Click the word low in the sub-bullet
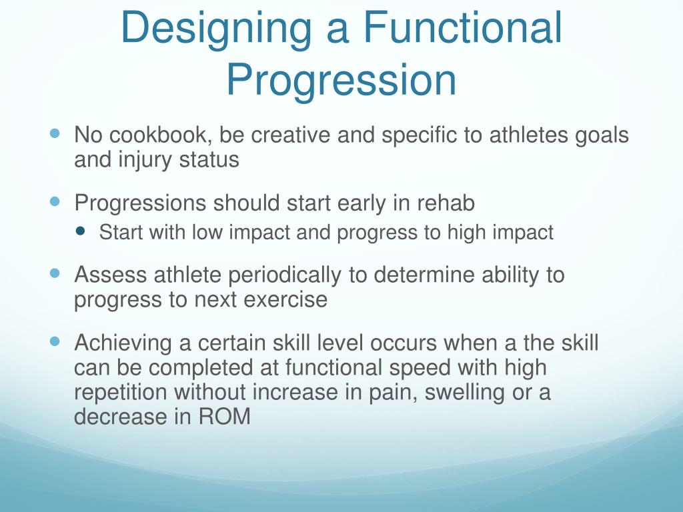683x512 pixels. [x=207, y=233]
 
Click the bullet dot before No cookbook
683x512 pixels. [x=55, y=133]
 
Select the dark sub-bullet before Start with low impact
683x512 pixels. [x=82, y=231]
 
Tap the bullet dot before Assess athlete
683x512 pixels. [x=55, y=273]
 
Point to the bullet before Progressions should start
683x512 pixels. [x=55, y=201]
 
